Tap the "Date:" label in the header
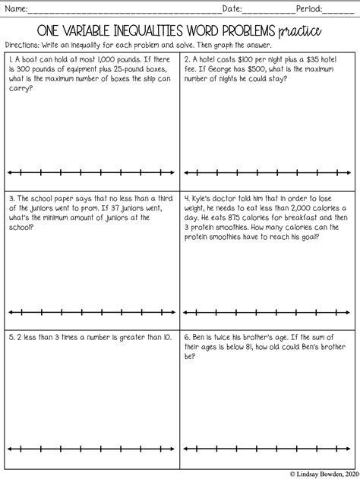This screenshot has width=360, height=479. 232,9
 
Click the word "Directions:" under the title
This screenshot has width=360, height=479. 22,44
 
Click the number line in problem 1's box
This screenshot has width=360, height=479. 91,172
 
